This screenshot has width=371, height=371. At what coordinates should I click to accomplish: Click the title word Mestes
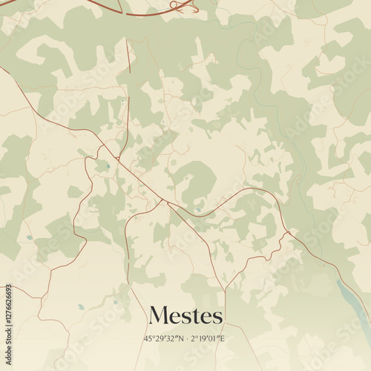coord(185,316)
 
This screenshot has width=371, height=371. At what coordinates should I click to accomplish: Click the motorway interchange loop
coord(180,6)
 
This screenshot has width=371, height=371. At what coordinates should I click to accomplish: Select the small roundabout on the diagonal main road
coord(116,157)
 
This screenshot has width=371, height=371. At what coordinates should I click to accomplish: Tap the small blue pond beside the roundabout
coord(108,165)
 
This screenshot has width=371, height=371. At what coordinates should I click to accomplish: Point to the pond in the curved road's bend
coord(198,210)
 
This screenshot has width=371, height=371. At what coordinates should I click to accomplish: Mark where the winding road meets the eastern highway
coord(288,233)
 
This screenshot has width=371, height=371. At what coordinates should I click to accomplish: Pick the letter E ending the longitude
coord(223,339)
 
